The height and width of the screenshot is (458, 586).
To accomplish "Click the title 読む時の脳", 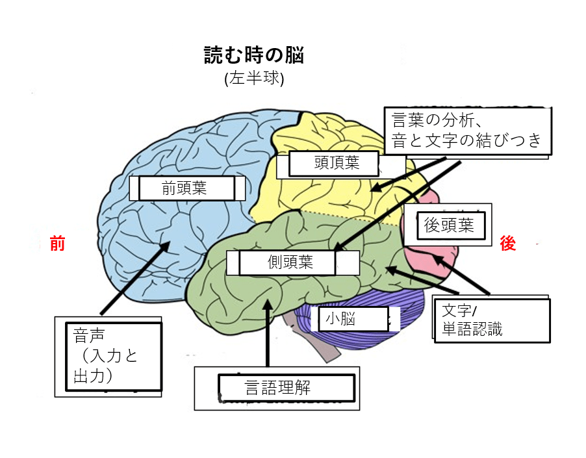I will click(254, 55).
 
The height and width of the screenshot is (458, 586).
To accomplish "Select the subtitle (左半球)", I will click(254, 79).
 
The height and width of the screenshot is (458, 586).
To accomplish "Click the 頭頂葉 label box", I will click(333, 164).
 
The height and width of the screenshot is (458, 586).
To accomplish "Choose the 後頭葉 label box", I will click(448, 225).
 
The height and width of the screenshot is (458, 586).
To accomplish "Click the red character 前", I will click(58, 244).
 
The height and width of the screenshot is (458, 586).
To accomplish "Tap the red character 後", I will click(507, 244).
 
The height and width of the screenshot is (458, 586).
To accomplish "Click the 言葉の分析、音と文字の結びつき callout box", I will click(466, 130).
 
